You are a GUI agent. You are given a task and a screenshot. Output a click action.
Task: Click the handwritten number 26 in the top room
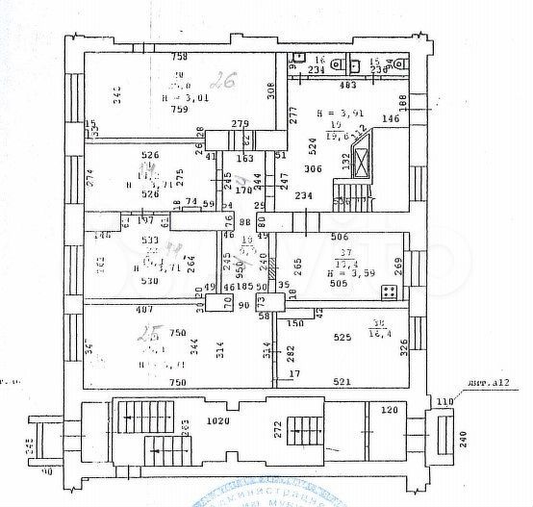(x=226, y=80)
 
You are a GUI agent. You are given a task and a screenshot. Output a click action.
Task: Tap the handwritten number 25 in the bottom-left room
(x=148, y=335)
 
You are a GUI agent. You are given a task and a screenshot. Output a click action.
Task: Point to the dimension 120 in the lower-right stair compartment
(x=389, y=410)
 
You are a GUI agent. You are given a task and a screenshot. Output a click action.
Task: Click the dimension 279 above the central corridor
(x=240, y=124)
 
